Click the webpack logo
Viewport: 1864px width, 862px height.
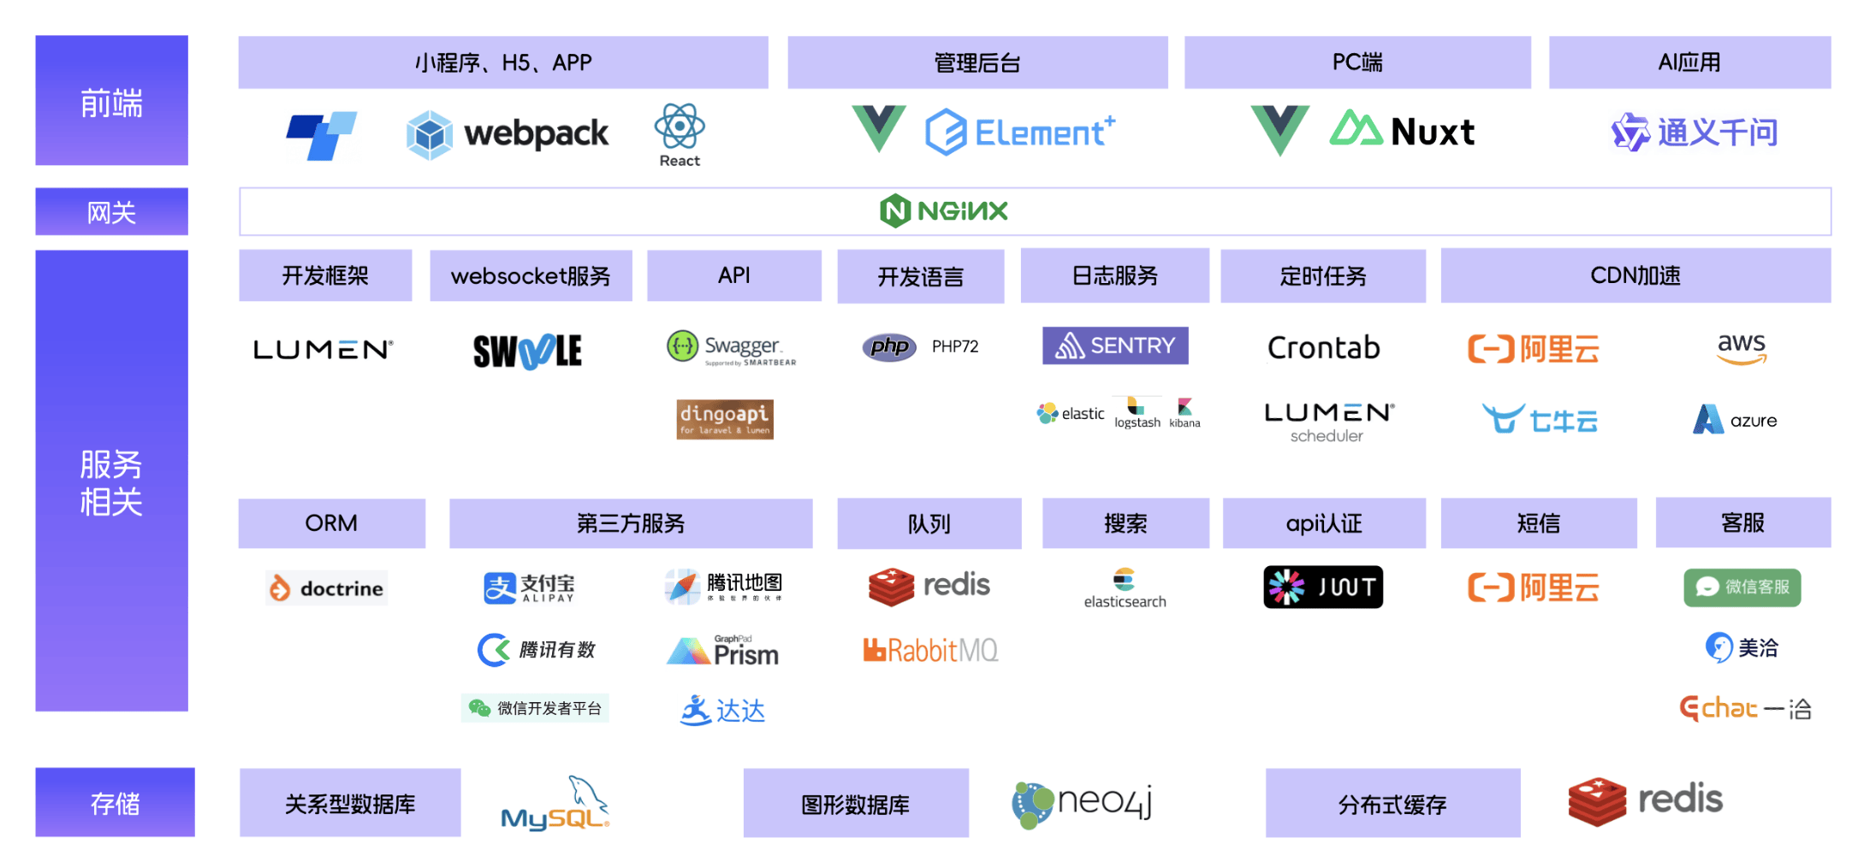click(x=508, y=134)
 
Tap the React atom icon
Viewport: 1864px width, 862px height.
click(x=680, y=127)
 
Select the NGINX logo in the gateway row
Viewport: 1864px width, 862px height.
click(x=944, y=210)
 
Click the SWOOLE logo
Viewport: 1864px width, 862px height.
click(x=527, y=351)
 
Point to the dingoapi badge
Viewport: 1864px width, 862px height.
click(x=725, y=419)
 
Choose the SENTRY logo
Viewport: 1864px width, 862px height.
click(x=1115, y=345)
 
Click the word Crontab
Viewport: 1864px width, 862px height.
click(x=1323, y=348)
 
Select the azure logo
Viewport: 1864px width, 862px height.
click(x=1735, y=420)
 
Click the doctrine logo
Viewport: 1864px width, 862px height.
click(x=327, y=588)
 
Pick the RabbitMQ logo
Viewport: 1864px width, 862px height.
click(x=930, y=651)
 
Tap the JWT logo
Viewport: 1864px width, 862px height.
click(x=1323, y=587)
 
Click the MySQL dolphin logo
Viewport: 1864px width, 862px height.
click(x=555, y=805)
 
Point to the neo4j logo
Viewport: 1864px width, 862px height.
click(x=1082, y=803)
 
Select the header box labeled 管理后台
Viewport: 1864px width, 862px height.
click(x=977, y=62)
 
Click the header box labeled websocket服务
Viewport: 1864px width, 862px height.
click(x=531, y=275)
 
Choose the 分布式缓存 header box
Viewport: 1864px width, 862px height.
click(x=1392, y=804)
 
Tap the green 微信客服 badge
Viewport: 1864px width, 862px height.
click(x=1742, y=587)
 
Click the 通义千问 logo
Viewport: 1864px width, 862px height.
click(x=1695, y=133)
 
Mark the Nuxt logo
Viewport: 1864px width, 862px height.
click(x=1403, y=131)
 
